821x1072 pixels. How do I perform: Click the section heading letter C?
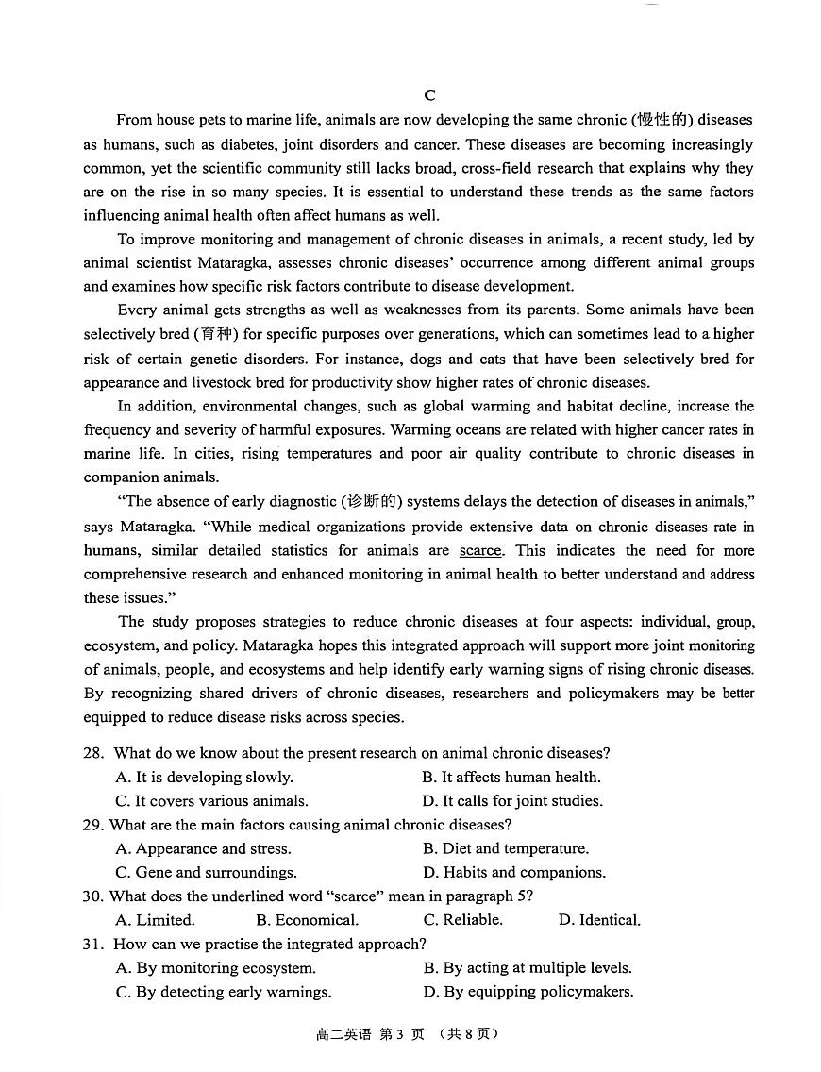coord(429,95)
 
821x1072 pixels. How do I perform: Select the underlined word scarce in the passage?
coord(480,550)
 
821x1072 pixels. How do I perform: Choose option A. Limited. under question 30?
coord(155,920)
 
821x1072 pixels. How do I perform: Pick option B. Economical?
coord(307,920)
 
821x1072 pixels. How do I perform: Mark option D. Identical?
coord(599,920)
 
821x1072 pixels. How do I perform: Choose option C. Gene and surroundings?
coord(206,872)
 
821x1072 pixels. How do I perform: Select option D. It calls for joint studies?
coord(512,801)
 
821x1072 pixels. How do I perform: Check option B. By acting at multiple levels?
coord(528,967)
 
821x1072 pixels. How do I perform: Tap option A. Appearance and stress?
coord(203,848)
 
